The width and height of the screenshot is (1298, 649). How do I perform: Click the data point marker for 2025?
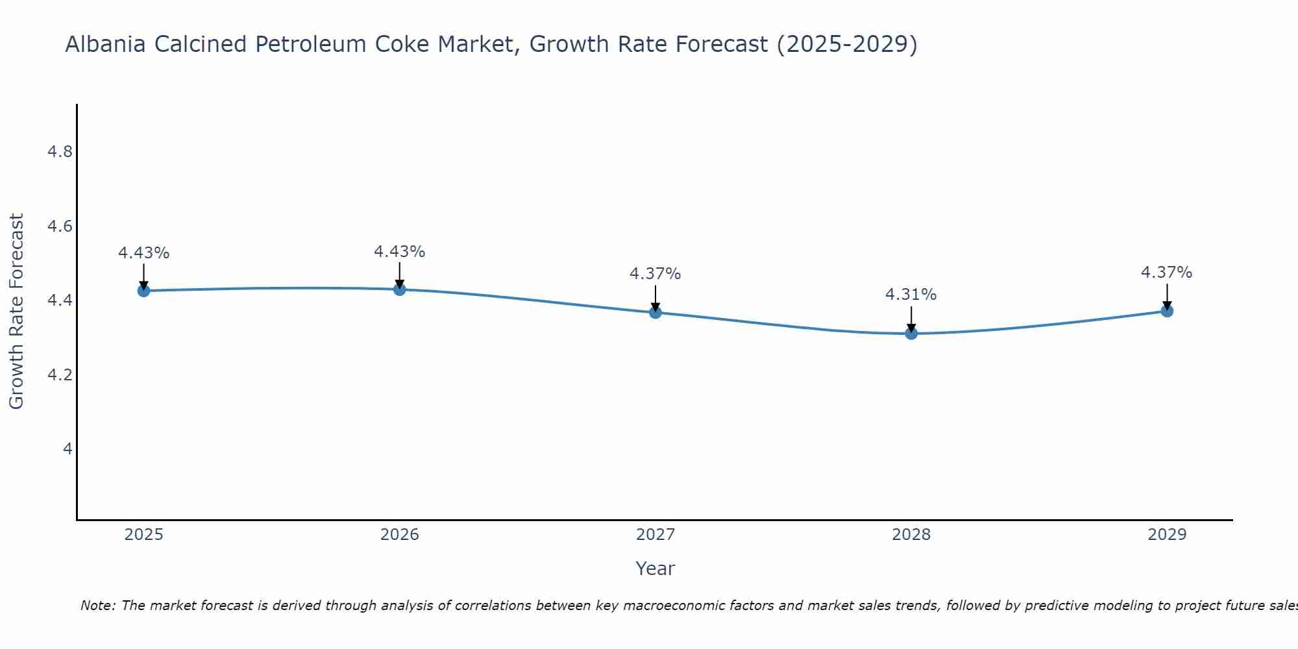point(144,291)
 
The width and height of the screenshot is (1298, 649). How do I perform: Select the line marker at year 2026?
point(400,289)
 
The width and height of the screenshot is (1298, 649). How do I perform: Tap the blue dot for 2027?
point(655,312)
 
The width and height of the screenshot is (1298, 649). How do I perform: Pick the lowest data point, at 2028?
point(911,334)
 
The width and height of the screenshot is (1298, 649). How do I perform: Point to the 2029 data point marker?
point(1167,311)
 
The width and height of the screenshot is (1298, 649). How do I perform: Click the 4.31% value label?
point(911,295)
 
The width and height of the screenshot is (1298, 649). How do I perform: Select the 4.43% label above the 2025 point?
point(144,253)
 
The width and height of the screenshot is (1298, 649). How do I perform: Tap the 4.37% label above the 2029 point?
point(1167,273)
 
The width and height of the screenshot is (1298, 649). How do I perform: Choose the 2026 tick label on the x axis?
point(400,535)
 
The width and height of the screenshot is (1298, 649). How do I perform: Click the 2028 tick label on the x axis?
point(911,535)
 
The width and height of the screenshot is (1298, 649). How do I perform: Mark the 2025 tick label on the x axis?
point(144,535)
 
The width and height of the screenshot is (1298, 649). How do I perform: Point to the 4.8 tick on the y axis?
point(60,152)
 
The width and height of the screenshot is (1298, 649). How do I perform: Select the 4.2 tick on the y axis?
point(60,375)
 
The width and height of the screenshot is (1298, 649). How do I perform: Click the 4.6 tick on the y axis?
point(60,227)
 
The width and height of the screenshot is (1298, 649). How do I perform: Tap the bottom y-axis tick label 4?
point(67,449)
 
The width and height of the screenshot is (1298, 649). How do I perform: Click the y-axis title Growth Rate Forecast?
point(17,312)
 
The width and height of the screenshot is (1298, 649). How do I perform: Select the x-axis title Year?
point(655,569)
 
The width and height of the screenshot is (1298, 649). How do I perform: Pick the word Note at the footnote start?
point(97,606)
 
